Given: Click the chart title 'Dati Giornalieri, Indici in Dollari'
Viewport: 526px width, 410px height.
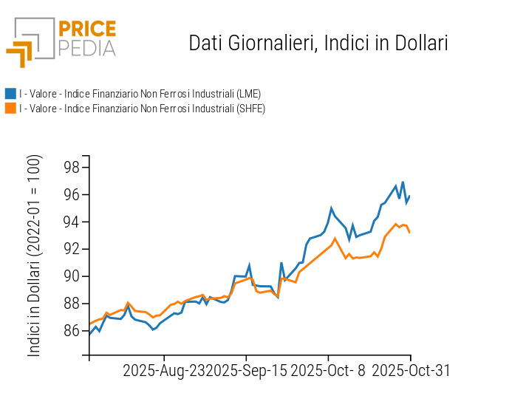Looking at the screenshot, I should (318, 44).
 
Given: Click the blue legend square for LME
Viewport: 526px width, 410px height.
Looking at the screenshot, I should (10, 94).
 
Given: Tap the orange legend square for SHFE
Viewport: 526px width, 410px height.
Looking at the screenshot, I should (10, 109).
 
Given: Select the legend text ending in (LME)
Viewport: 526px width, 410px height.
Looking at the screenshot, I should (140, 94).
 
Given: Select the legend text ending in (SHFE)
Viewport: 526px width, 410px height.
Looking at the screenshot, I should (142, 109).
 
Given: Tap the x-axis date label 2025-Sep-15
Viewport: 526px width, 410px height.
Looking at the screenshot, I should (246, 370).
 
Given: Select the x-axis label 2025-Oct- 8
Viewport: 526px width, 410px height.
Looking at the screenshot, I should (329, 370).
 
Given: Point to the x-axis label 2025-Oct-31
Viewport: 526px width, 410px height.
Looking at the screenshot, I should (411, 370).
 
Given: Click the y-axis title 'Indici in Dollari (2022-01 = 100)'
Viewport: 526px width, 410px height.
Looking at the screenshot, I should (35, 256).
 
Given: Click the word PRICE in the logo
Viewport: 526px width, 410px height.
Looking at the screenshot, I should (86, 30).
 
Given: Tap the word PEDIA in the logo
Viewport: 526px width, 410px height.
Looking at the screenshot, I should (86, 49).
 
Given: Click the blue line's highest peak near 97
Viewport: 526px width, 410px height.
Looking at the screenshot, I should (403, 182).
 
